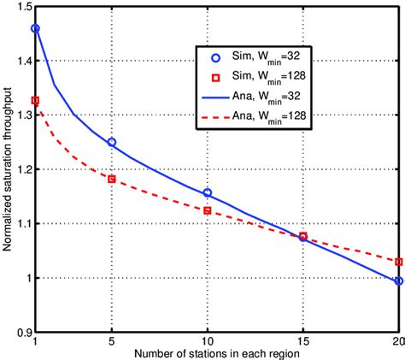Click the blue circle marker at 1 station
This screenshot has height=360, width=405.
(x=35, y=28)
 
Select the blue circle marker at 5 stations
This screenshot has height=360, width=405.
(x=111, y=142)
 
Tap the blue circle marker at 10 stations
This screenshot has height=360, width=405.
(x=207, y=193)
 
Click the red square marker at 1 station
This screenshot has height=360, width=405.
(x=35, y=101)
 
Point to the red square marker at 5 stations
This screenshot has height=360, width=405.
(x=111, y=179)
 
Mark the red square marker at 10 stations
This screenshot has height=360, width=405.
(x=207, y=210)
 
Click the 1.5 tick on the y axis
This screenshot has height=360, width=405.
(x=21, y=7)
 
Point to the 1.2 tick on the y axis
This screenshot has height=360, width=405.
(x=21, y=169)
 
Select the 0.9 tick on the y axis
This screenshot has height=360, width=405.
(x=21, y=332)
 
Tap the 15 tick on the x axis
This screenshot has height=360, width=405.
(x=302, y=342)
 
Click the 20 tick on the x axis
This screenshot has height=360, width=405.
(x=396, y=342)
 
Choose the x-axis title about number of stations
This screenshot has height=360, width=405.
(x=216, y=353)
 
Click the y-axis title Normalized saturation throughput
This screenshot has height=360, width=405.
(x=7, y=169)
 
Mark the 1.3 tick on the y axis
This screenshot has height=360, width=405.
(x=21, y=115)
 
